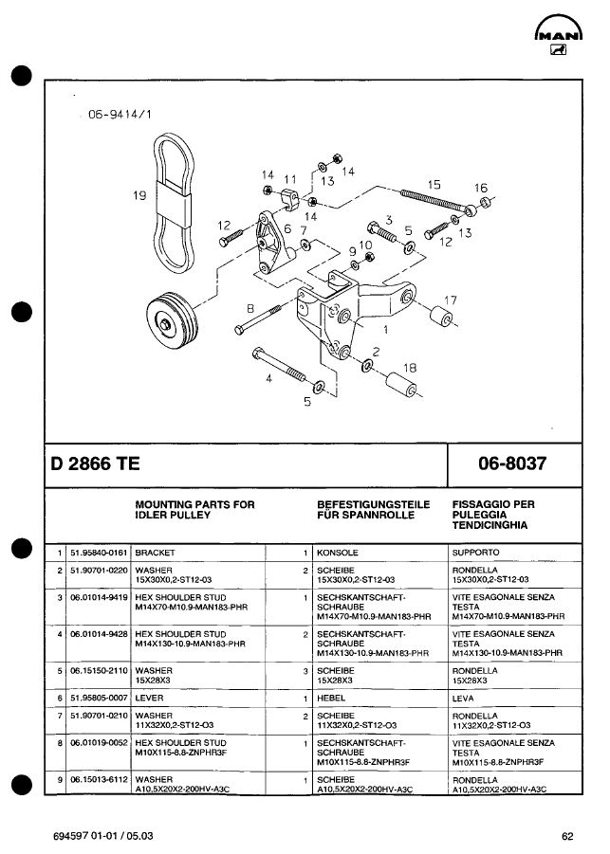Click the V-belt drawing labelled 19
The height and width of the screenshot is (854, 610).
(174, 203)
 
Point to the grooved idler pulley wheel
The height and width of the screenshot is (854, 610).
(169, 318)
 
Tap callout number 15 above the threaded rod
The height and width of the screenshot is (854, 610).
(434, 184)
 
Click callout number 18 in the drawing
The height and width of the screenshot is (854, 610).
(410, 367)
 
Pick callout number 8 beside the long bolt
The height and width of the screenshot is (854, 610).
(250, 307)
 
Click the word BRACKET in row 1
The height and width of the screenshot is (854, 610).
(156, 552)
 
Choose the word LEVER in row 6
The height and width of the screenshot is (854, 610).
(149, 697)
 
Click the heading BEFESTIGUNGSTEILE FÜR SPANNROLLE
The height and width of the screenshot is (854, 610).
(373, 510)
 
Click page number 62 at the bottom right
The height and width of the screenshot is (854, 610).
(567, 836)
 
